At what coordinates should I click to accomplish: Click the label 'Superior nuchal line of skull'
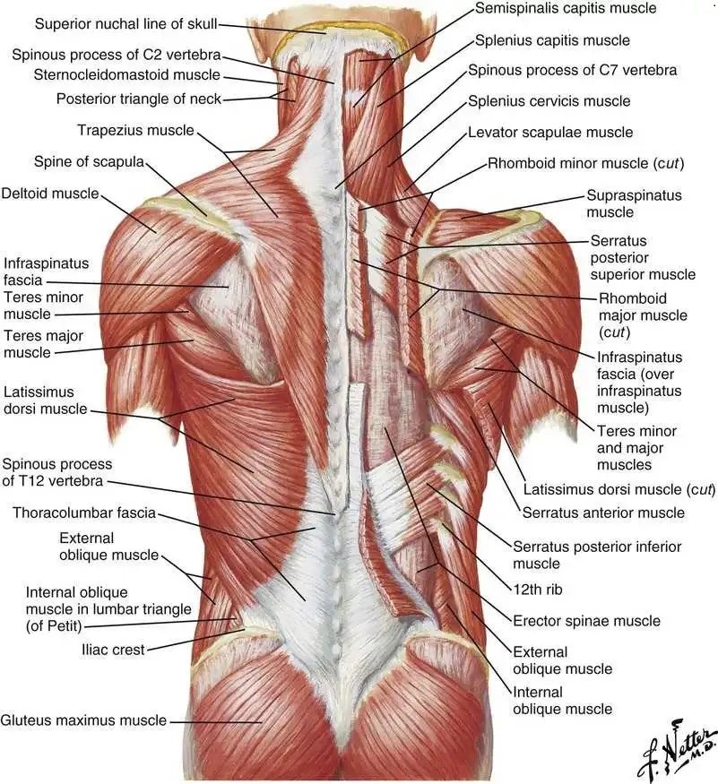125,23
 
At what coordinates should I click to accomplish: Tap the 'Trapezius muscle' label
135,131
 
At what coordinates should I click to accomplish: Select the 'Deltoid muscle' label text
50,194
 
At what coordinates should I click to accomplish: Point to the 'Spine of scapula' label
89,162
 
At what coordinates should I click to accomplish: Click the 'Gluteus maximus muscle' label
83,720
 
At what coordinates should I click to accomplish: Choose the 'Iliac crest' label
113,650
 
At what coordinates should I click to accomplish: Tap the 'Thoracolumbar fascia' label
84,513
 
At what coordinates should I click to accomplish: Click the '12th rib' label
537,590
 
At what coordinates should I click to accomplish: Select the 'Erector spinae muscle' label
586,621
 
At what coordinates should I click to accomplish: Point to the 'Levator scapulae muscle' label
550,133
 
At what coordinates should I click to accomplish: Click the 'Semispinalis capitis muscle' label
566,8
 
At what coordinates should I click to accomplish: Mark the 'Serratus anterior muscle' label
603,513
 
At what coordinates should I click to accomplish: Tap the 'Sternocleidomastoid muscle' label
127,75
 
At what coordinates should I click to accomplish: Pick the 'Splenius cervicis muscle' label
549,101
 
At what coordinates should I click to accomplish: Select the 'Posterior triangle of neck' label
139,99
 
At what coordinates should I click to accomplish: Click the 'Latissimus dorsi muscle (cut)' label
619,489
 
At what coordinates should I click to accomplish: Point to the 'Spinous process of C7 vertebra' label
573,70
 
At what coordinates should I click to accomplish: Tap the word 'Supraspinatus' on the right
634,195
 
